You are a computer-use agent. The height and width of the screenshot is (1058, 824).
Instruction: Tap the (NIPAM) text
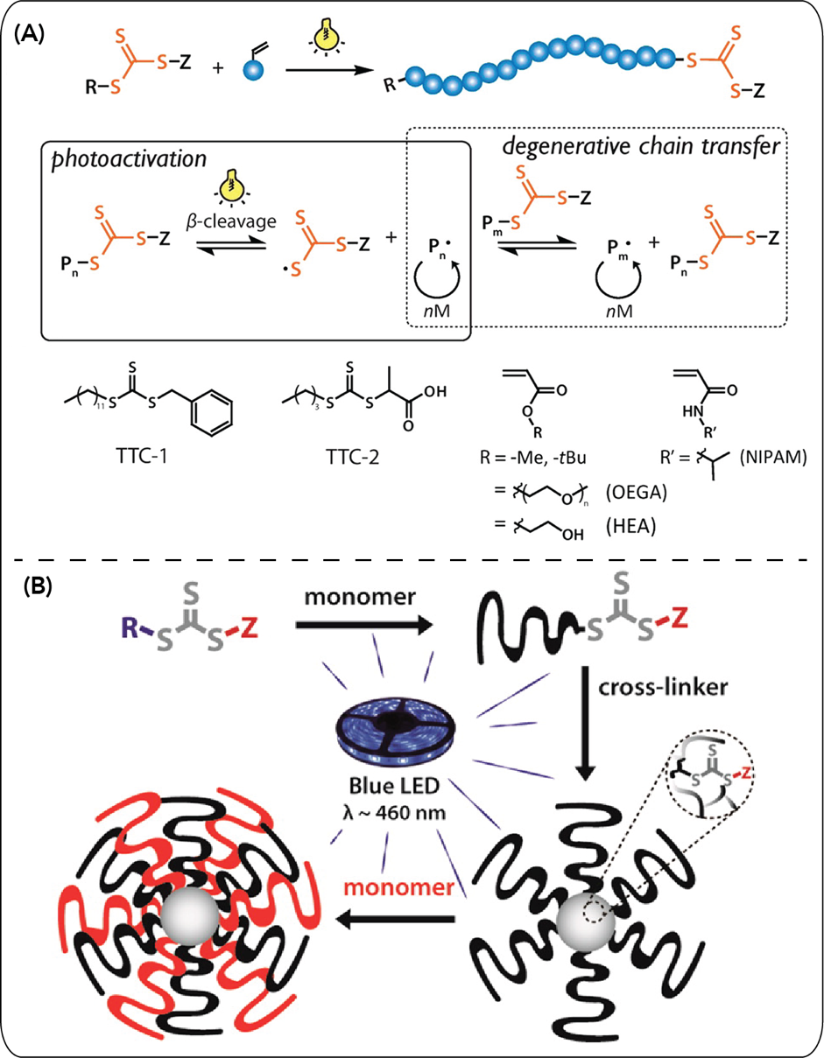click(x=770, y=459)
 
